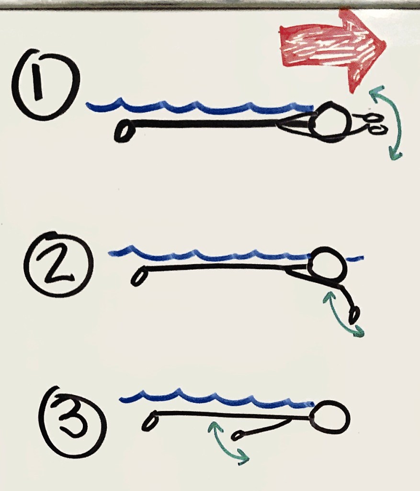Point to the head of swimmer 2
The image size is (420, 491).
327,265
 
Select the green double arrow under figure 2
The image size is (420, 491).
343,314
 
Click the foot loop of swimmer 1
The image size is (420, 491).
122,131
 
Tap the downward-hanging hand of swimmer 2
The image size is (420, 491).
355,316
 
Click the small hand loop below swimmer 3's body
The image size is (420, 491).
237,435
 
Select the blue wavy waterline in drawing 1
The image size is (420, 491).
201,106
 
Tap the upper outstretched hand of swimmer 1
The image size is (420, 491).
372,117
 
